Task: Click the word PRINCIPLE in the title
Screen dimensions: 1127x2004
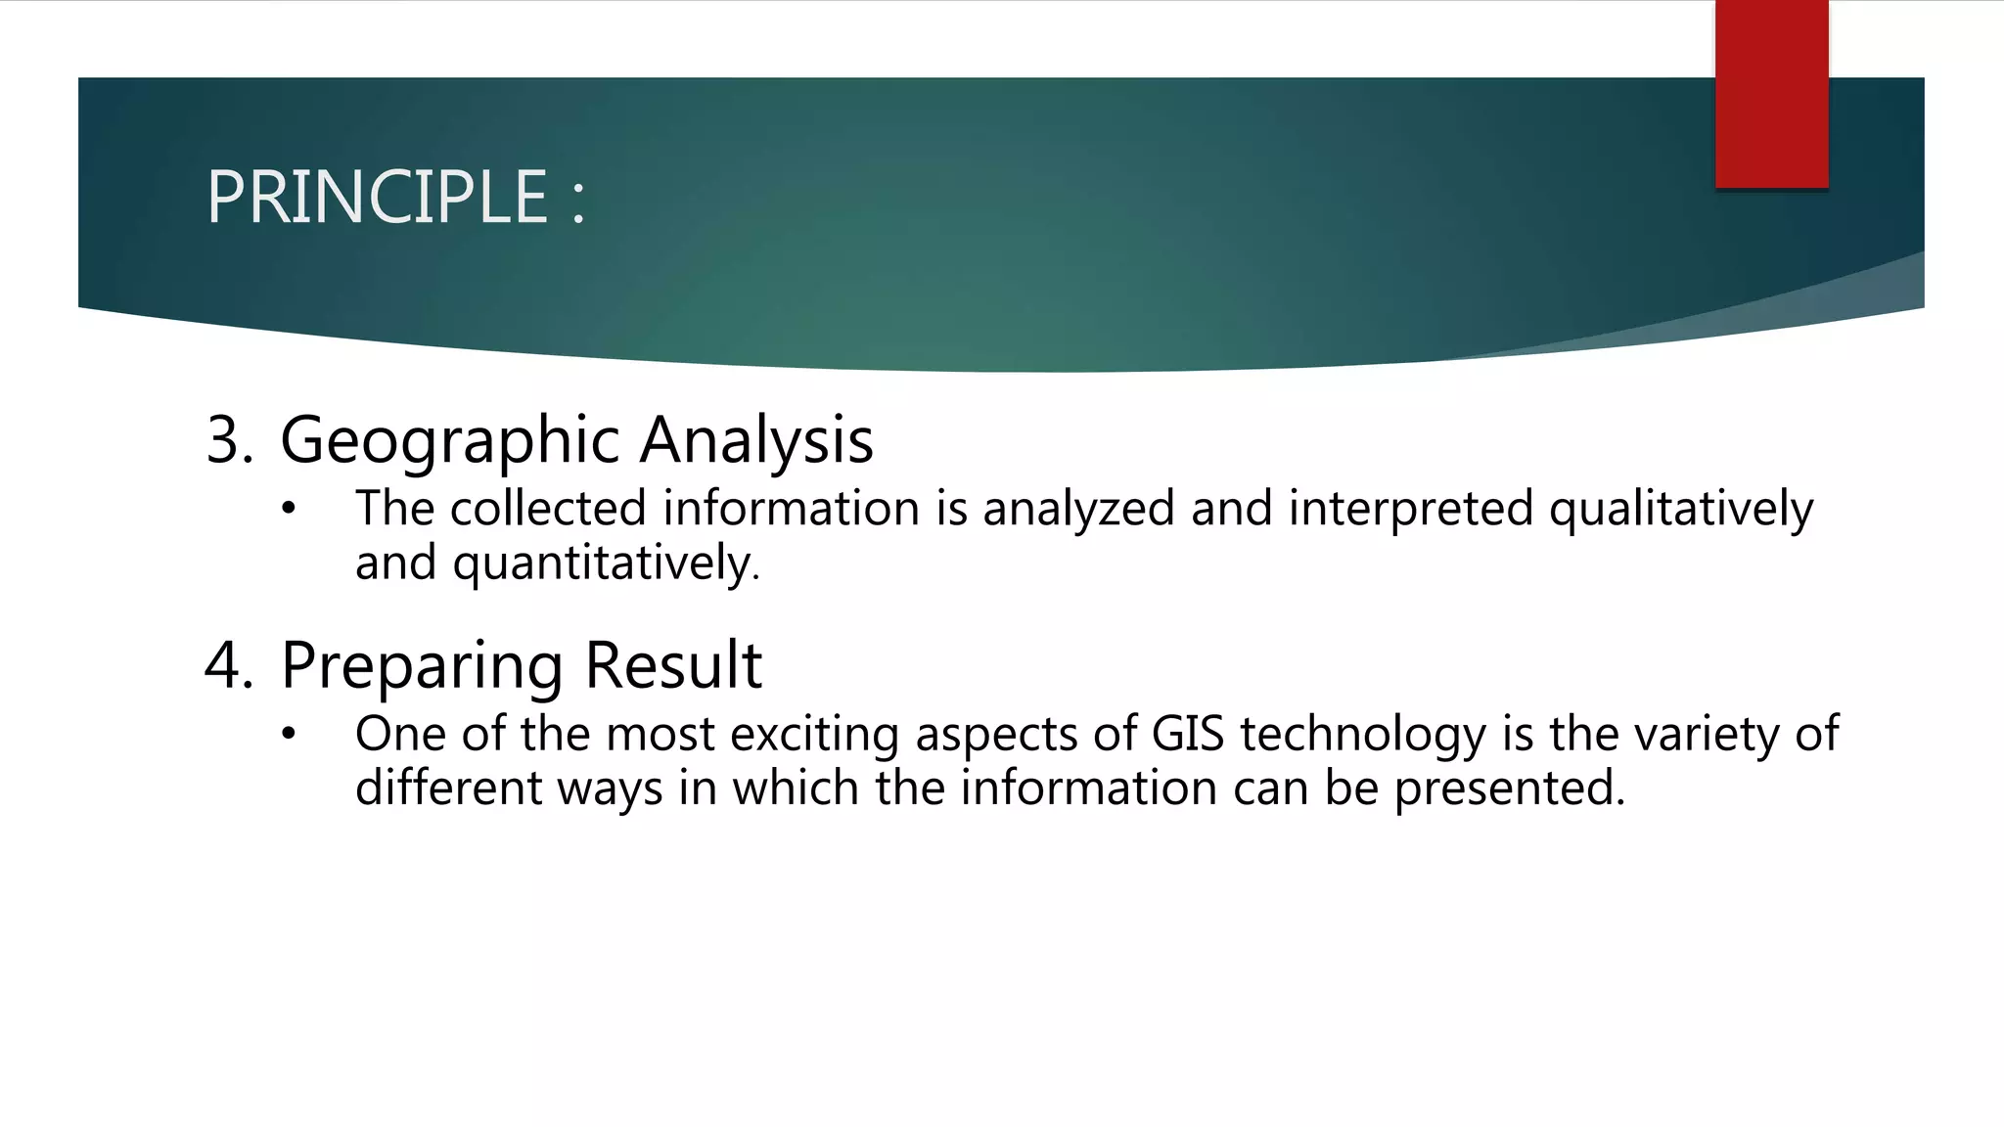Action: (377, 198)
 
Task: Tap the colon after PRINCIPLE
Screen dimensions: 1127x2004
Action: (578, 201)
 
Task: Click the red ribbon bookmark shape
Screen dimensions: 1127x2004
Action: (1771, 93)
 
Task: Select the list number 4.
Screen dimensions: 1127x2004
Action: (227, 665)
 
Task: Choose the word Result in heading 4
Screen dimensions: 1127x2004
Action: (673, 665)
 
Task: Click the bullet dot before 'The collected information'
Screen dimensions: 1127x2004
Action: (288, 509)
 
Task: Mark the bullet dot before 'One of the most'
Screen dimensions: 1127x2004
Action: (288, 734)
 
